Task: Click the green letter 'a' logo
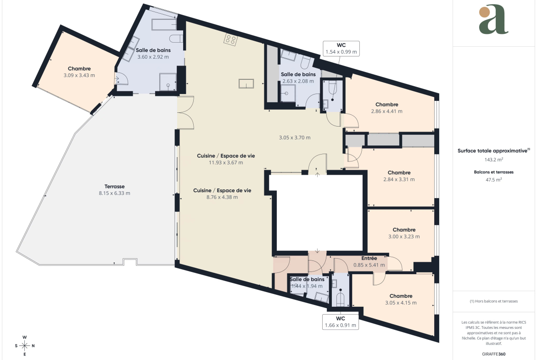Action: [493, 20]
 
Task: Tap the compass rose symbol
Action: [25, 346]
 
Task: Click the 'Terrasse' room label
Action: [114, 187]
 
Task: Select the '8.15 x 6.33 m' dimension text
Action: [114, 193]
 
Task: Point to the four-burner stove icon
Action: [230, 40]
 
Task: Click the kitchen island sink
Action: [246, 83]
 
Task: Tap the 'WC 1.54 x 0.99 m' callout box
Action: [341, 49]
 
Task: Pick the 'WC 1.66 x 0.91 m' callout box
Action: [341, 322]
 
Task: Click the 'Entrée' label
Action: [369, 258]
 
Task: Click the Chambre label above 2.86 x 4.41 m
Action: [386, 105]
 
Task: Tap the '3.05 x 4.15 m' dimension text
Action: [401, 303]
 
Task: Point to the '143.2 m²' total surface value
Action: [493, 160]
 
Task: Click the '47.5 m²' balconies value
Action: [493, 180]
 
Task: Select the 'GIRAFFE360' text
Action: [493, 354]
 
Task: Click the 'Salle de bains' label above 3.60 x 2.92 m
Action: [153, 50]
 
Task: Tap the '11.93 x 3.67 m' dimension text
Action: [226, 162]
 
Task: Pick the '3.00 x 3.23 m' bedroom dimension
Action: [404, 237]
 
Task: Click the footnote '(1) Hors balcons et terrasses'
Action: [493, 301]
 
